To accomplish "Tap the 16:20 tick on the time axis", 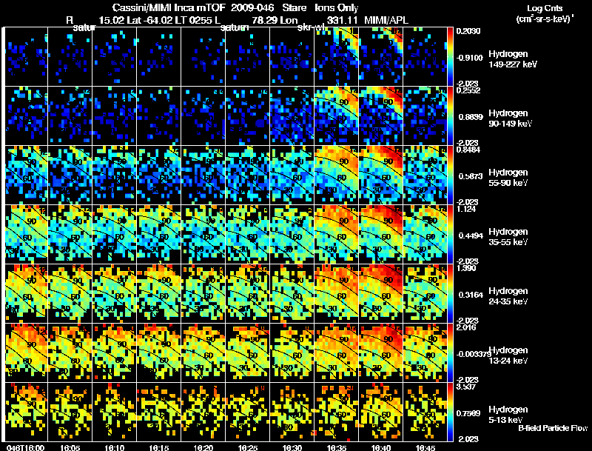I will point(202,447).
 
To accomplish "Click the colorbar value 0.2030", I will point(468,31).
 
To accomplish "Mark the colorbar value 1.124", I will point(465,210).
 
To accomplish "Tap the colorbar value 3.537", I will point(466,387).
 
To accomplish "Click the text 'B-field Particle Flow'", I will point(552,428).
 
